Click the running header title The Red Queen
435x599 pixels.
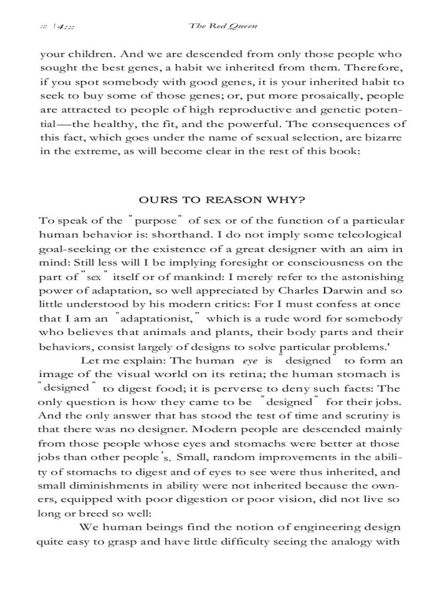click(x=223, y=26)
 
